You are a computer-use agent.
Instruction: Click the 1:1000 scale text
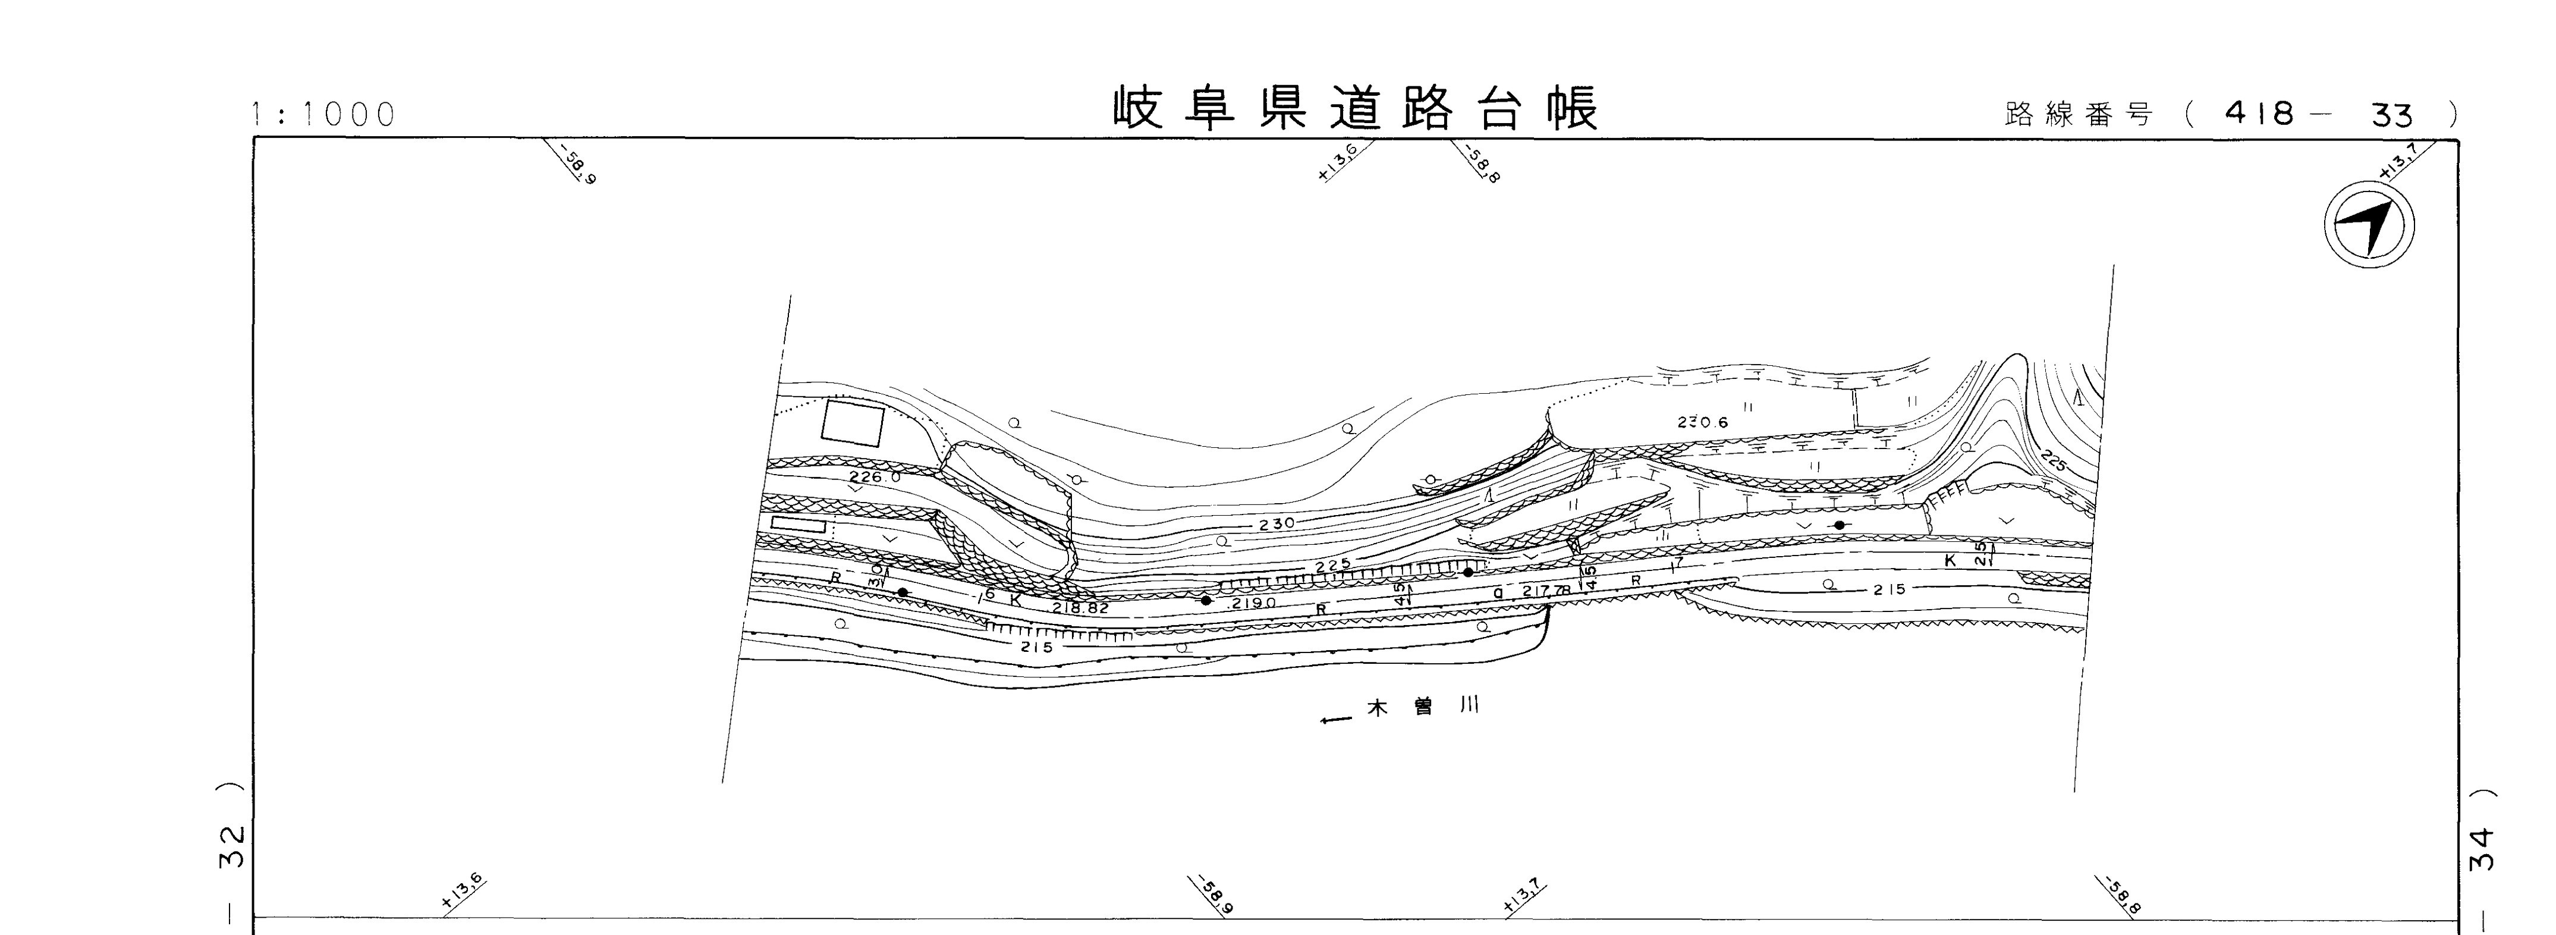(323, 115)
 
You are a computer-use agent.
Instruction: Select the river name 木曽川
(1424, 708)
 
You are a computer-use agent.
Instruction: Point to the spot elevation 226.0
(875, 478)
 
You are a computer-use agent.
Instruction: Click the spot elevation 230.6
(1703, 422)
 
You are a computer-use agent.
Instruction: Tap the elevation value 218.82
(1080, 607)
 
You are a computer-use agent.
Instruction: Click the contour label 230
(1277, 523)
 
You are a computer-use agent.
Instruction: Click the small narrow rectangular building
(798, 524)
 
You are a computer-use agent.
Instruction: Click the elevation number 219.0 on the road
(1252, 603)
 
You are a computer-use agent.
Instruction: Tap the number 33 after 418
(2391, 116)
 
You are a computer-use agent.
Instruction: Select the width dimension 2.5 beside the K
(1980, 553)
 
